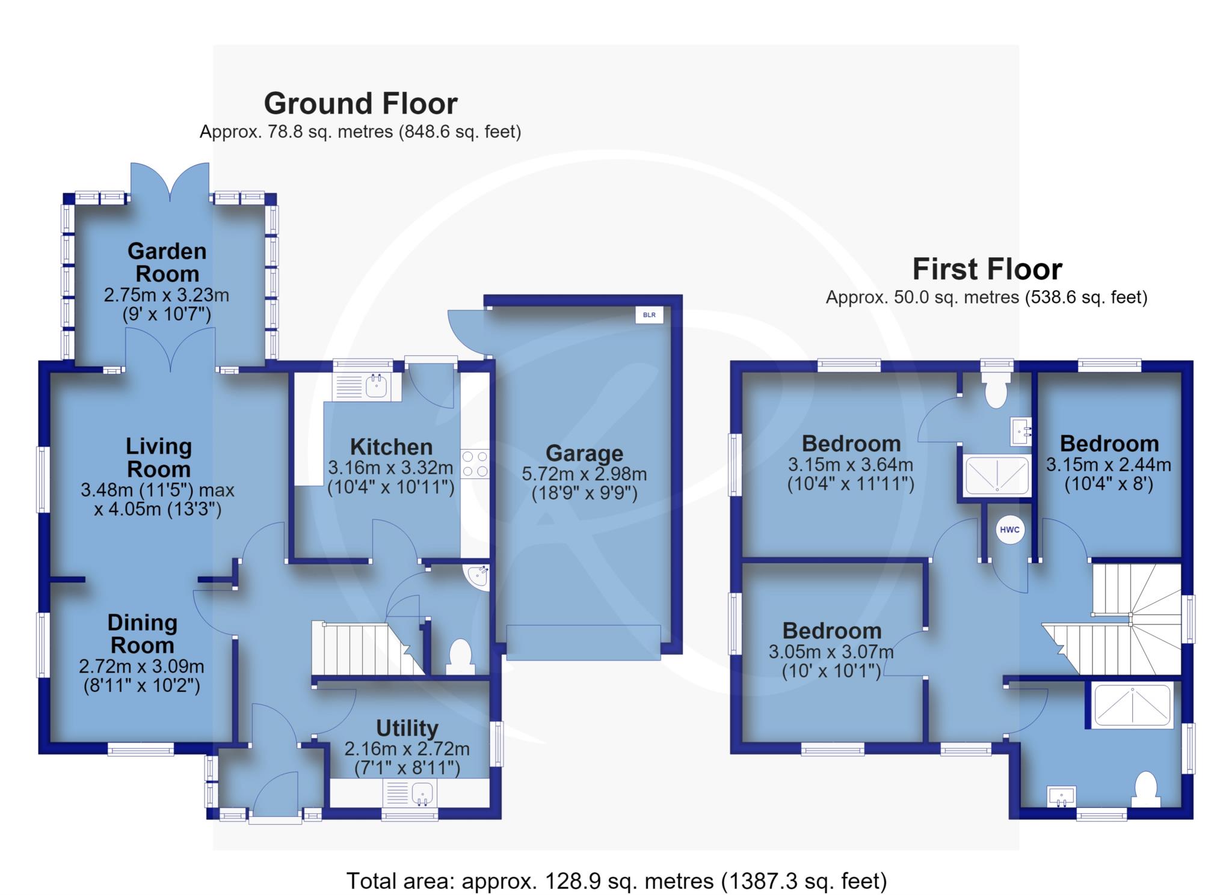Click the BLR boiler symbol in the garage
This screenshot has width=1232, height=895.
tap(650, 314)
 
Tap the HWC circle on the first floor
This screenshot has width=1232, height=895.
tap(1009, 530)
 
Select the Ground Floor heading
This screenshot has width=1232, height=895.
tap(361, 103)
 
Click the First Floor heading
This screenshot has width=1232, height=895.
tap(987, 269)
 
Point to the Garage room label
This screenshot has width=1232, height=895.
tap(584, 453)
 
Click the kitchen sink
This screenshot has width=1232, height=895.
tap(366, 386)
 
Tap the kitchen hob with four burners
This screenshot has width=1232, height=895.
tap(475, 464)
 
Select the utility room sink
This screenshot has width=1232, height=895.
tap(410, 793)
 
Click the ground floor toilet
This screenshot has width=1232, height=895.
tap(460, 657)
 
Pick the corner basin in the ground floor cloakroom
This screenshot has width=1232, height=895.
tap(478, 575)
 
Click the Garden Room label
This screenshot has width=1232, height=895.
tap(167, 262)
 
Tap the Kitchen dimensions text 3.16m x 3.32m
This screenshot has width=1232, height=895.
tap(390, 467)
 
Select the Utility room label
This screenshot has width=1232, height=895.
tap(407, 728)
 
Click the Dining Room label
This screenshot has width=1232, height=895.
tap(143, 634)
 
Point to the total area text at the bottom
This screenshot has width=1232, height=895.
tap(617, 881)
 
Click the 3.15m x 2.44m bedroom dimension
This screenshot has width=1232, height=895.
tap(1109, 465)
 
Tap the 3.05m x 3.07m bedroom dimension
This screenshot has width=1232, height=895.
tap(831, 652)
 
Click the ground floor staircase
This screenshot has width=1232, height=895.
tap(367, 649)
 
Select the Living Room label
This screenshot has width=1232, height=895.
tap(158, 457)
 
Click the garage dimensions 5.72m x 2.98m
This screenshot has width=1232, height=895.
tap(584, 474)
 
